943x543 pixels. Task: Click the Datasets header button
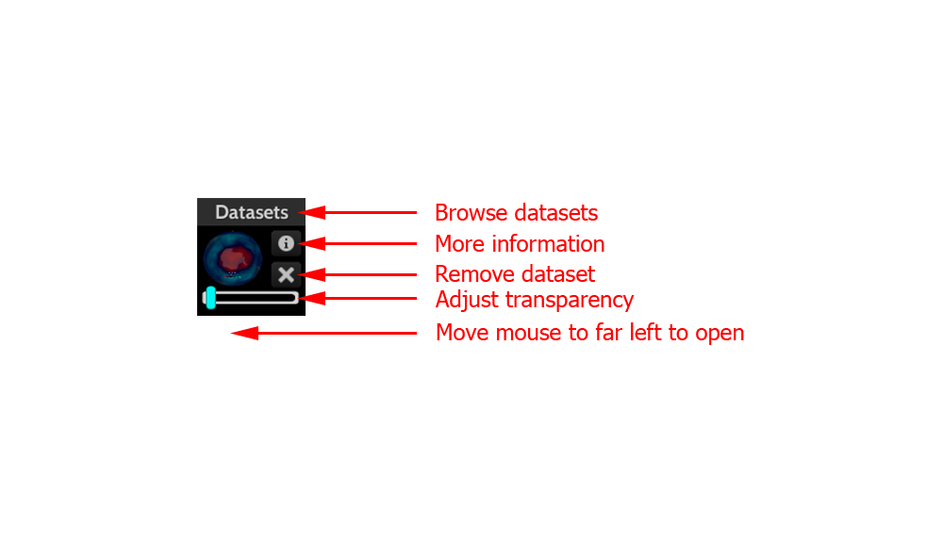pos(252,212)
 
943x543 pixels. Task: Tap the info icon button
pos(286,243)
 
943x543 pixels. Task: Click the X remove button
pos(286,274)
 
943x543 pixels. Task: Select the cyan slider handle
pos(210,298)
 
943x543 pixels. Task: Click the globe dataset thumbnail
pos(233,258)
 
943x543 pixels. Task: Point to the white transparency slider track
pos(251,298)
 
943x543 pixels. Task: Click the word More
pos(459,243)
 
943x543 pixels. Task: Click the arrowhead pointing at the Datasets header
pos(312,212)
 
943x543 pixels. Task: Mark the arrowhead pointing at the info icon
pos(312,243)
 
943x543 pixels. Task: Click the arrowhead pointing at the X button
pos(312,275)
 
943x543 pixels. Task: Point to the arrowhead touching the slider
pos(312,298)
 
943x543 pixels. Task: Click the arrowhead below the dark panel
pos(245,333)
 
